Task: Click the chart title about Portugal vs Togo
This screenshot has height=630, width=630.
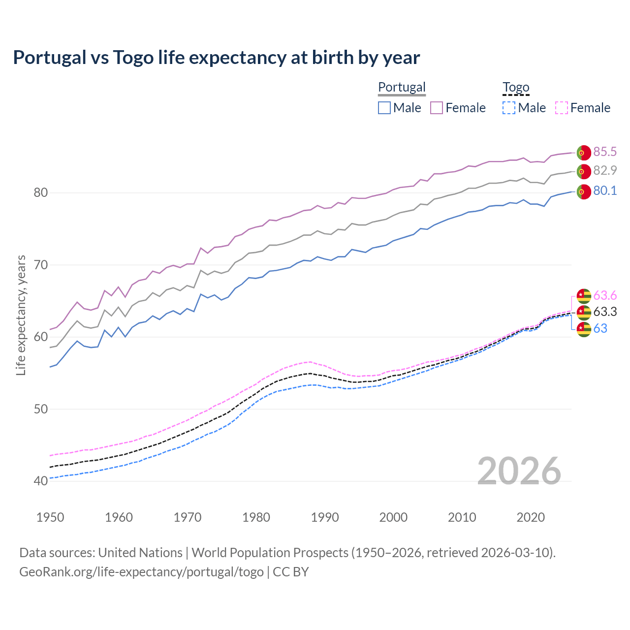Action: click(217, 58)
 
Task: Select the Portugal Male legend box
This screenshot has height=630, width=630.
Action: click(384, 108)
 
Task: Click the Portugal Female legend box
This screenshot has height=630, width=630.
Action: click(437, 108)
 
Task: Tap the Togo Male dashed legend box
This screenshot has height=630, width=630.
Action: click(509, 108)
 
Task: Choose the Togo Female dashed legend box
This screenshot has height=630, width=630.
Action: click(561, 108)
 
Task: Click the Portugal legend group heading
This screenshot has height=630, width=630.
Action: click(402, 87)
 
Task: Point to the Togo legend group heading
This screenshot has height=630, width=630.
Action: click(516, 87)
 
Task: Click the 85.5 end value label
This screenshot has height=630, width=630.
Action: click(605, 152)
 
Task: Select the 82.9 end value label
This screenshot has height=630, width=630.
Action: click(605, 170)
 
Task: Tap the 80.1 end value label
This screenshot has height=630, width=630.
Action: click(605, 191)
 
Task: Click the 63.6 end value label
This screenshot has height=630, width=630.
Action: click(605, 295)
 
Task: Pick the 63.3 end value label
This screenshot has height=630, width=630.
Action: click(605, 312)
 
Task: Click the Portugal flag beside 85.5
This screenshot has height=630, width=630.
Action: click(584, 153)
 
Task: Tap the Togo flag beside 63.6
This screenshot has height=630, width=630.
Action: click(584, 296)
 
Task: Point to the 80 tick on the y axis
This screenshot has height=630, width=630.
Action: click(41, 192)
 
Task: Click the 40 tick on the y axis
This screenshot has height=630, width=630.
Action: click(41, 481)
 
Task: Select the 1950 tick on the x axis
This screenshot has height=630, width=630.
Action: click(50, 517)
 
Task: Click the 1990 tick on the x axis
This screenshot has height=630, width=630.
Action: click(325, 517)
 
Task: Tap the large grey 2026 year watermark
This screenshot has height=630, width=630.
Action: click(519, 471)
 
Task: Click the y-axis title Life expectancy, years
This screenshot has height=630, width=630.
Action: click(21, 315)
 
